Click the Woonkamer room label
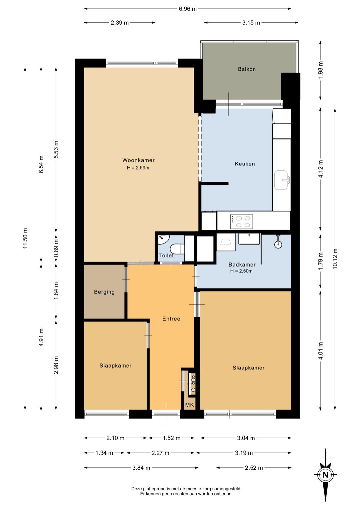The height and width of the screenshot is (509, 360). tap(138, 160)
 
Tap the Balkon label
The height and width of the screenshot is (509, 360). tap(247, 69)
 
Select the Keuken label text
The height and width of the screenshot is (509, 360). tap(245, 164)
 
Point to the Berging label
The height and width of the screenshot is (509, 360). tap(104, 292)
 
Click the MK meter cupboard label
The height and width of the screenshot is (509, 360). tap(190, 405)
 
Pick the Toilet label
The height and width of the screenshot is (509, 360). tap(166, 256)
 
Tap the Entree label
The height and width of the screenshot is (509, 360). tap(171, 319)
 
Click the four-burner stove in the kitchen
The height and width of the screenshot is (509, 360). tap(241, 221)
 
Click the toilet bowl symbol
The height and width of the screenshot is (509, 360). tap(177, 249)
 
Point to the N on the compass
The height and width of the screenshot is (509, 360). tap(325, 475)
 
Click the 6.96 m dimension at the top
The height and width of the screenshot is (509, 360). tap(188, 9)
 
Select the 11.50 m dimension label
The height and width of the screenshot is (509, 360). tap(25, 238)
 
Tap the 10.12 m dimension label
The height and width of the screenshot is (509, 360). tap(335, 259)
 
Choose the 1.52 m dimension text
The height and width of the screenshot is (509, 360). tap(171, 438)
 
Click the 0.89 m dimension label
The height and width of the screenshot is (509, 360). tap(56, 248)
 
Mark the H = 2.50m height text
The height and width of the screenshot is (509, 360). tap(241, 271)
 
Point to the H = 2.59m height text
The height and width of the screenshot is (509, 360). tap(138, 168)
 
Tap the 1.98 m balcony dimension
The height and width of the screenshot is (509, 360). tap(320, 70)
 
